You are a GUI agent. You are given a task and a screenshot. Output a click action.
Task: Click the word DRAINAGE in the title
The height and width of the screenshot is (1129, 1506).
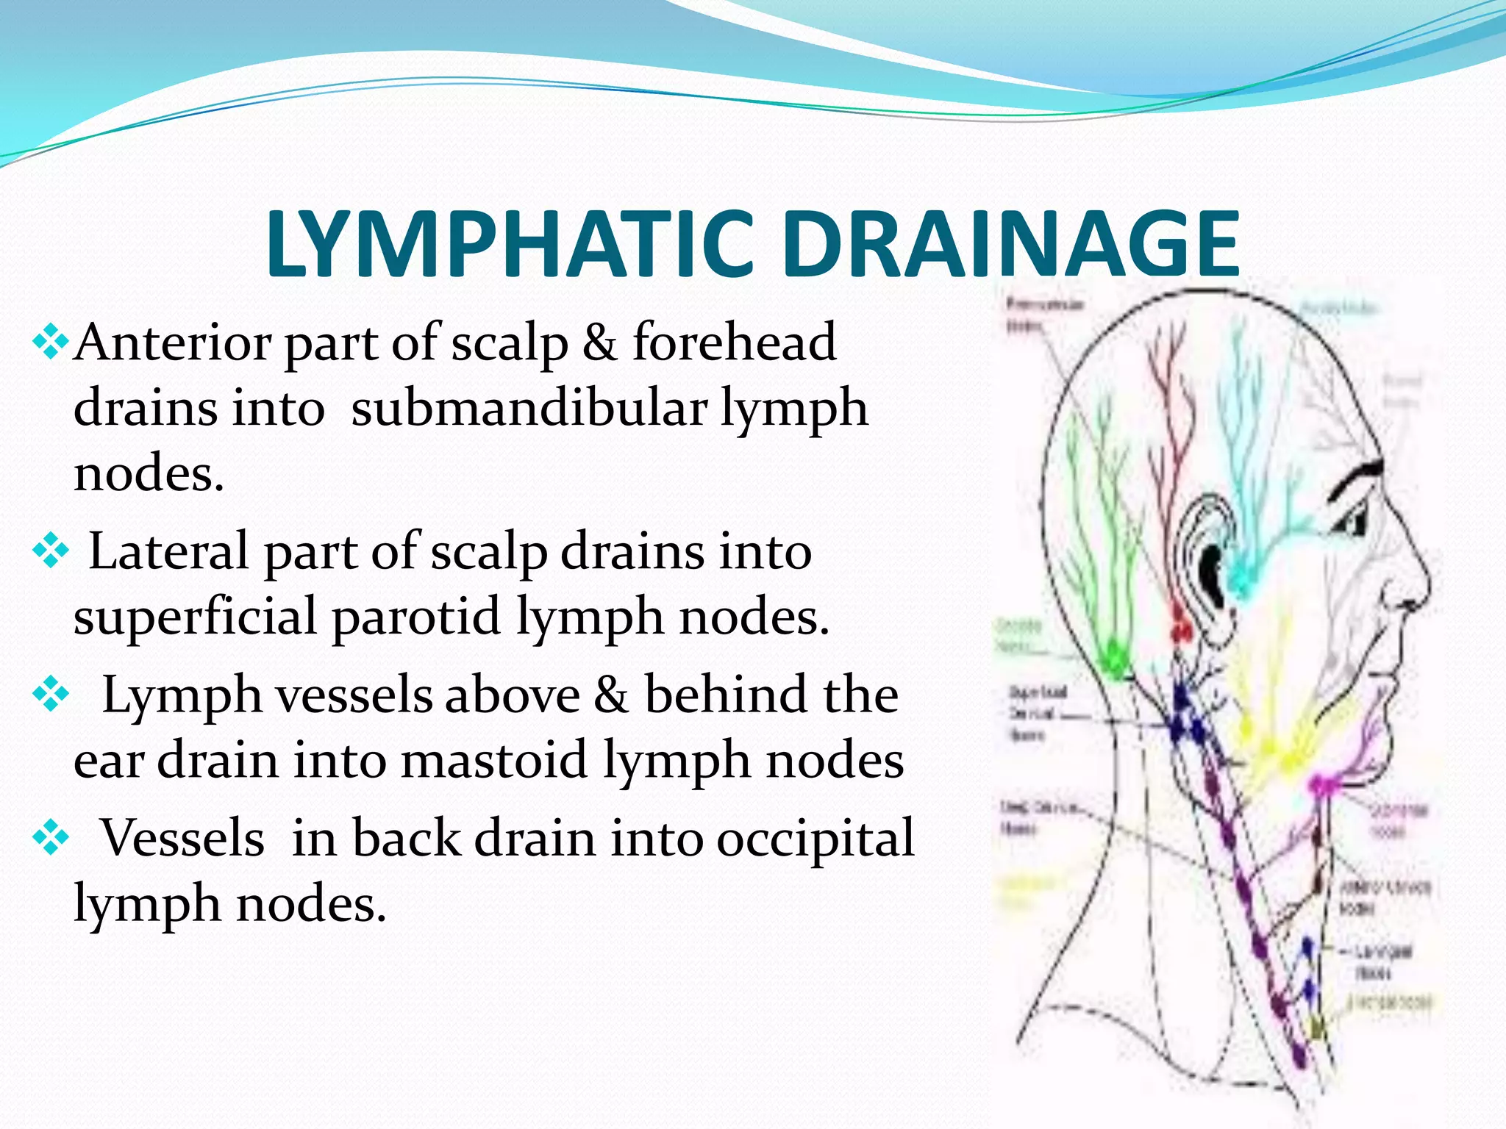pos(1010,244)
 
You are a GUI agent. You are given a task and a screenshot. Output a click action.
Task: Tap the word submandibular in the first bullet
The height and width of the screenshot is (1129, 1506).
pos(529,409)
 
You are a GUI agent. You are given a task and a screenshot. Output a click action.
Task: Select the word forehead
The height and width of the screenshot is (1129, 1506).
pos(734,343)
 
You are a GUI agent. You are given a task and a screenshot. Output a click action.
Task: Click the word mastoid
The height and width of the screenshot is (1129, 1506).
pos(494,760)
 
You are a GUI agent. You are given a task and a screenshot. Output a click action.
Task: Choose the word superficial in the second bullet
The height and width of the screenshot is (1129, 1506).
pos(195,616)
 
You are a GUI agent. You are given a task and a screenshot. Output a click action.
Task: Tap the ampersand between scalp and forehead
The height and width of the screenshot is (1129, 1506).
pos(600,343)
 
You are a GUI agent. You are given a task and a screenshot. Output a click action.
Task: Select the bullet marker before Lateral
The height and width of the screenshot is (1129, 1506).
pos(51,551)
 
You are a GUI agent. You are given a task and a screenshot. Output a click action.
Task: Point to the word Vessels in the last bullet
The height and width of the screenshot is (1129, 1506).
pos(182,838)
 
